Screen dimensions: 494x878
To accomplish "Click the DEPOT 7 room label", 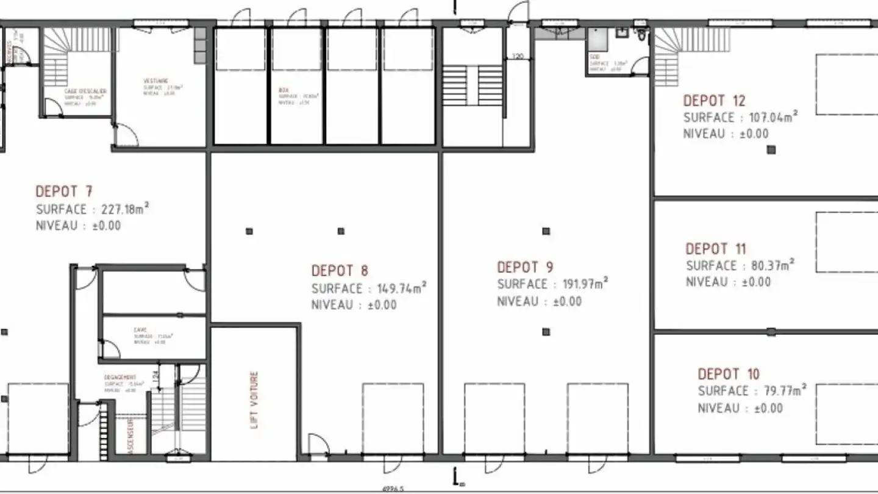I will coord(64,192).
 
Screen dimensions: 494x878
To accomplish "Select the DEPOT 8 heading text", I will coord(340,270).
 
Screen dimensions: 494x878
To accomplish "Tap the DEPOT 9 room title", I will coord(526,267).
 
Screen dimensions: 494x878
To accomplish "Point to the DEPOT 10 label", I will coord(728,374).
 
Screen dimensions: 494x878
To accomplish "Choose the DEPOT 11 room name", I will coord(716,249).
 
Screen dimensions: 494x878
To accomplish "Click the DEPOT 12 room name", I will coord(714,101).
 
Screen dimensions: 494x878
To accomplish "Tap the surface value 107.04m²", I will coord(770,118).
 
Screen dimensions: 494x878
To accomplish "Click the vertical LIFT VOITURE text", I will coord(255,400).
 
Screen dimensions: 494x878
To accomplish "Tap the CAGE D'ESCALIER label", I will coord(85,91).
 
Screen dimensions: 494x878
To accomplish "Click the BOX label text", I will coord(284,90).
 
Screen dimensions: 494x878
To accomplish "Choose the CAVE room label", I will coord(140,330).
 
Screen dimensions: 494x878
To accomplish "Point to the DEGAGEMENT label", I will coord(120,378).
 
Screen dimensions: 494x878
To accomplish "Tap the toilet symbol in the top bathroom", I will coord(640,34).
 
